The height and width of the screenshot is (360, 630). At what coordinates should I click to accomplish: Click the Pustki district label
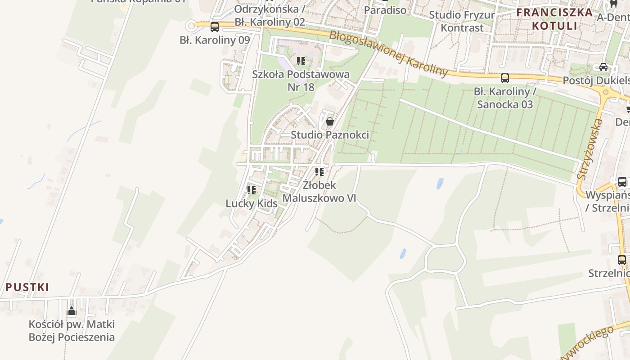[x=27, y=287]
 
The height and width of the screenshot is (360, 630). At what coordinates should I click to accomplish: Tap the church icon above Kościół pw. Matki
[x=72, y=311]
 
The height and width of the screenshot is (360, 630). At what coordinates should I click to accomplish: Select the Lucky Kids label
[x=252, y=203]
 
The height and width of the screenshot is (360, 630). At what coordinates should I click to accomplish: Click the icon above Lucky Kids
[x=252, y=190]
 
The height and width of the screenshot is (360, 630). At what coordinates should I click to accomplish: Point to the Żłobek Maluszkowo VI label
[x=319, y=192]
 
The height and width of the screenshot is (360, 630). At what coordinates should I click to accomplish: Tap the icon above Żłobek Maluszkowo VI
[x=319, y=171]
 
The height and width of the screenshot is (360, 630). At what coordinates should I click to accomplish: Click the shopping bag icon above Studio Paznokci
[x=330, y=121]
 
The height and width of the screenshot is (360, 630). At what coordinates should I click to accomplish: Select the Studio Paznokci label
[x=330, y=135]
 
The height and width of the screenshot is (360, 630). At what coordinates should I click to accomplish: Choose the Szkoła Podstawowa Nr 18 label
[x=301, y=80]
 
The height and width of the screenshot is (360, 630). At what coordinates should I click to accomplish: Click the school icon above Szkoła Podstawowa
[x=301, y=61]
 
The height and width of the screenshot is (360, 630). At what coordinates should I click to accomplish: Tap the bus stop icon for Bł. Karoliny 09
[x=215, y=27]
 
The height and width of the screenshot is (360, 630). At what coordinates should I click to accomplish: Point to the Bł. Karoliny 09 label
[x=215, y=40]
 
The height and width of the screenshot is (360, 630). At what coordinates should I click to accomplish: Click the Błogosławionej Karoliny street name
[x=389, y=54]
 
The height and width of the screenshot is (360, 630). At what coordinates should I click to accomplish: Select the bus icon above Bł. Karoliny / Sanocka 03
[x=505, y=78]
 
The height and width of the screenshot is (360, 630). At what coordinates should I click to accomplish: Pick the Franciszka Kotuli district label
[x=554, y=18]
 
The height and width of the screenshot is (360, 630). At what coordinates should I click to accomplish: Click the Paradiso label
[x=385, y=10]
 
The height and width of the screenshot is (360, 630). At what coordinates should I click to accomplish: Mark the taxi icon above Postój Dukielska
[x=603, y=67]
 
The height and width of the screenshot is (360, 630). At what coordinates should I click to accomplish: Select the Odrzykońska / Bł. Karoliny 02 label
[x=270, y=15]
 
